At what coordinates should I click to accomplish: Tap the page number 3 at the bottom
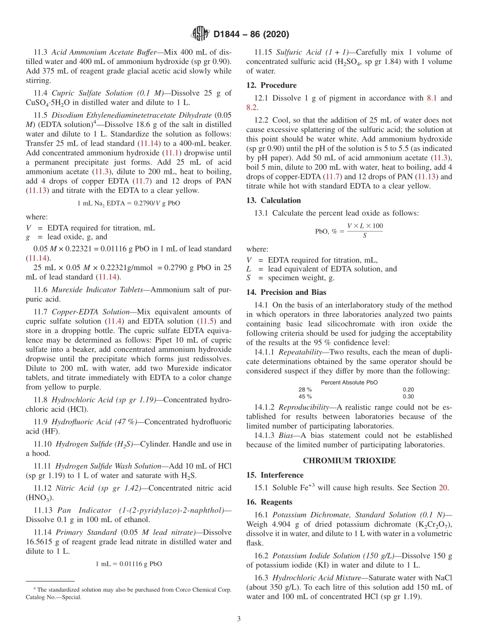pyautogui.click(x=239, y=619)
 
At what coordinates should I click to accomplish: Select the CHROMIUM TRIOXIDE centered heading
pyautogui.click(x=349, y=461)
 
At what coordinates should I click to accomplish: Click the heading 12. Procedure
pyautogui.click(x=271, y=85)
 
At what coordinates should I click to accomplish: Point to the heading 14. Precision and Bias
pyautogui.click(x=286, y=292)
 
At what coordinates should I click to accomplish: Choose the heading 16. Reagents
pyautogui.click(x=269, y=502)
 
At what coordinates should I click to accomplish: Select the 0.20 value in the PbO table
pyautogui.click(x=408, y=390)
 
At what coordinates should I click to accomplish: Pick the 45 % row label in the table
pyautogui.click(x=305, y=397)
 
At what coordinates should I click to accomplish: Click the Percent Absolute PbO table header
pyautogui.click(x=349, y=382)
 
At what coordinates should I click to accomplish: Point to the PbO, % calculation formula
pyautogui.click(x=349, y=231)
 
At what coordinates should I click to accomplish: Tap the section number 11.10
pyautogui.click(x=43, y=444)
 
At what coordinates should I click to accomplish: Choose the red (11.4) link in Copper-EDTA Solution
pyautogui.click(x=113, y=321)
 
